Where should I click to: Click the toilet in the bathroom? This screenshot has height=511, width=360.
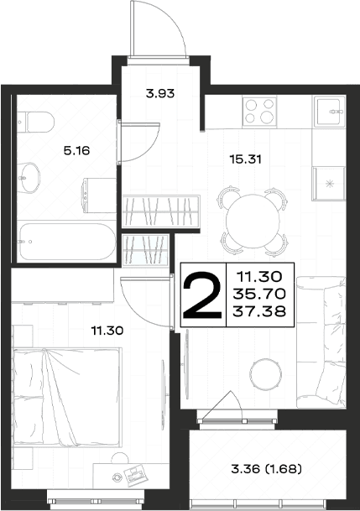[x=36, y=123]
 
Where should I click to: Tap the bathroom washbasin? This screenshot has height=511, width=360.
[x=29, y=178]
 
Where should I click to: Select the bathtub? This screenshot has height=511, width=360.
[x=67, y=241]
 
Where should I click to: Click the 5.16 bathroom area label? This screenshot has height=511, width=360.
[x=76, y=151]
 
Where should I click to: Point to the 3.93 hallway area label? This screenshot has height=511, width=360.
[x=160, y=94]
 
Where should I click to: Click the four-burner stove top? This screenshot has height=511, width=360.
[x=259, y=112]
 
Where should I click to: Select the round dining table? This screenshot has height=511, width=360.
[x=253, y=221]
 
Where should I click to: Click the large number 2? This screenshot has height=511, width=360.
[x=202, y=295]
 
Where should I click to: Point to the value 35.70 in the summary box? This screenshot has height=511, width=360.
[x=259, y=295]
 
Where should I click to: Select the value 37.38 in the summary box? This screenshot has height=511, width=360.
[x=259, y=312]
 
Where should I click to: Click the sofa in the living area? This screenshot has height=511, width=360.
[x=321, y=342]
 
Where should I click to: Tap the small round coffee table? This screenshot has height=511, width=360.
[x=266, y=373]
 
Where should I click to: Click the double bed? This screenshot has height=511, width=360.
[x=67, y=398]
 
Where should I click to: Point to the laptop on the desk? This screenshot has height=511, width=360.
[x=136, y=475]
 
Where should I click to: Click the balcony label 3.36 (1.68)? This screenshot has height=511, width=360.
[x=267, y=469]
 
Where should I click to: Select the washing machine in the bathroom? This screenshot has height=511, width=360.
[x=99, y=195]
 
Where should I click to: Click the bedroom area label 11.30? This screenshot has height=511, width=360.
[x=107, y=331]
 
